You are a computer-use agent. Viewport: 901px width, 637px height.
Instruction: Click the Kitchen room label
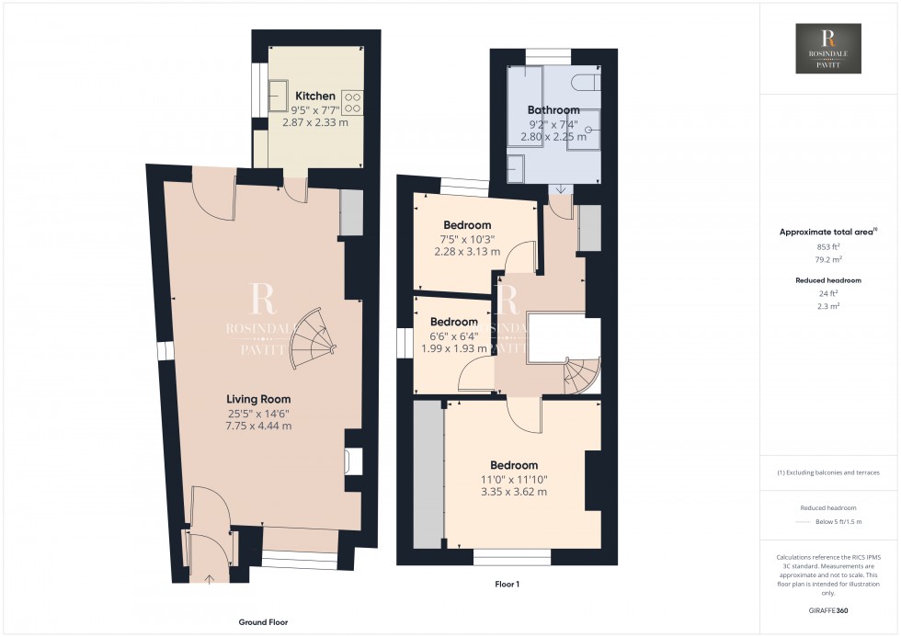(x=314, y=96)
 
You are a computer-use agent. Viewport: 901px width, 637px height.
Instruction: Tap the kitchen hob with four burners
(x=351, y=101)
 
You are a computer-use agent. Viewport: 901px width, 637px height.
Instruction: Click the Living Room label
(x=258, y=399)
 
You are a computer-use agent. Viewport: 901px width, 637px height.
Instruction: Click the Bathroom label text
(x=553, y=109)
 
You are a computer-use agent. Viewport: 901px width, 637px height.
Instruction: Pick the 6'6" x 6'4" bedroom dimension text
(x=454, y=336)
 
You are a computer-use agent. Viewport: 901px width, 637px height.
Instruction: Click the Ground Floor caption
(x=263, y=622)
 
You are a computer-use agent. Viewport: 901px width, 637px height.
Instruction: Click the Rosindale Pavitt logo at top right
(x=827, y=49)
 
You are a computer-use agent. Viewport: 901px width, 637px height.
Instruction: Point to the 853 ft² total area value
(x=828, y=246)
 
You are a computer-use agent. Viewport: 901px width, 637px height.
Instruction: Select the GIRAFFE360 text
(x=827, y=609)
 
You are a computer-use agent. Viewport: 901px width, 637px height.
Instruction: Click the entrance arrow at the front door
(x=207, y=578)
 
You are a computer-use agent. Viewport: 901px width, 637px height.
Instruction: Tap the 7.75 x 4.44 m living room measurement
(x=258, y=426)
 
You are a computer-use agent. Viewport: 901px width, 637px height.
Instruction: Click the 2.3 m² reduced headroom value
(x=828, y=305)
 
